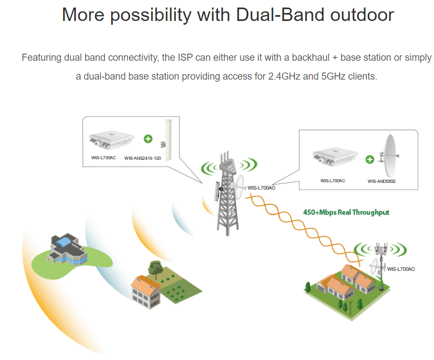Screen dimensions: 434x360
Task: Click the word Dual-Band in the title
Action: click(x=280, y=15)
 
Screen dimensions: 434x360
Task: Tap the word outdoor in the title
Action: click(x=362, y=15)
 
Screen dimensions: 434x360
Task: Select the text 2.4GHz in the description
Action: click(x=284, y=76)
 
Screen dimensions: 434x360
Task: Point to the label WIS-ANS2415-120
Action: click(x=143, y=158)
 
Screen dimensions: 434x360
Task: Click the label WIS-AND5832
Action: click(x=382, y=181)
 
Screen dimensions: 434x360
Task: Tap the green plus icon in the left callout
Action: click(x=148, y=139)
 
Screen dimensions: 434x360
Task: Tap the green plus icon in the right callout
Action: click(x=370, y=159)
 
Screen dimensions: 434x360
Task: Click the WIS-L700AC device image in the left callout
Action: click(x=111, y=140)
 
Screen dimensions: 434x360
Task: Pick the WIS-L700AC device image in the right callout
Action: click(x=335, y=157)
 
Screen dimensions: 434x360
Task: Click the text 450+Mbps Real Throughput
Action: click(x=346, y=212)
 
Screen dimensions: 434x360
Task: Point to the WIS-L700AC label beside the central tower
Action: click(x=261, y=188)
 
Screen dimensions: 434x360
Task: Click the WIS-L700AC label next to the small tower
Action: click(x=401, y=269)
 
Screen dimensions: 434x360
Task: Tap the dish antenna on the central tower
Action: click(x=239, y=187)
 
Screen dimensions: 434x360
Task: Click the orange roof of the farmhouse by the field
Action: click(x=145, y=283)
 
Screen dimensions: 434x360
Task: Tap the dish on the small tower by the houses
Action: click(x=375, y=266)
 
